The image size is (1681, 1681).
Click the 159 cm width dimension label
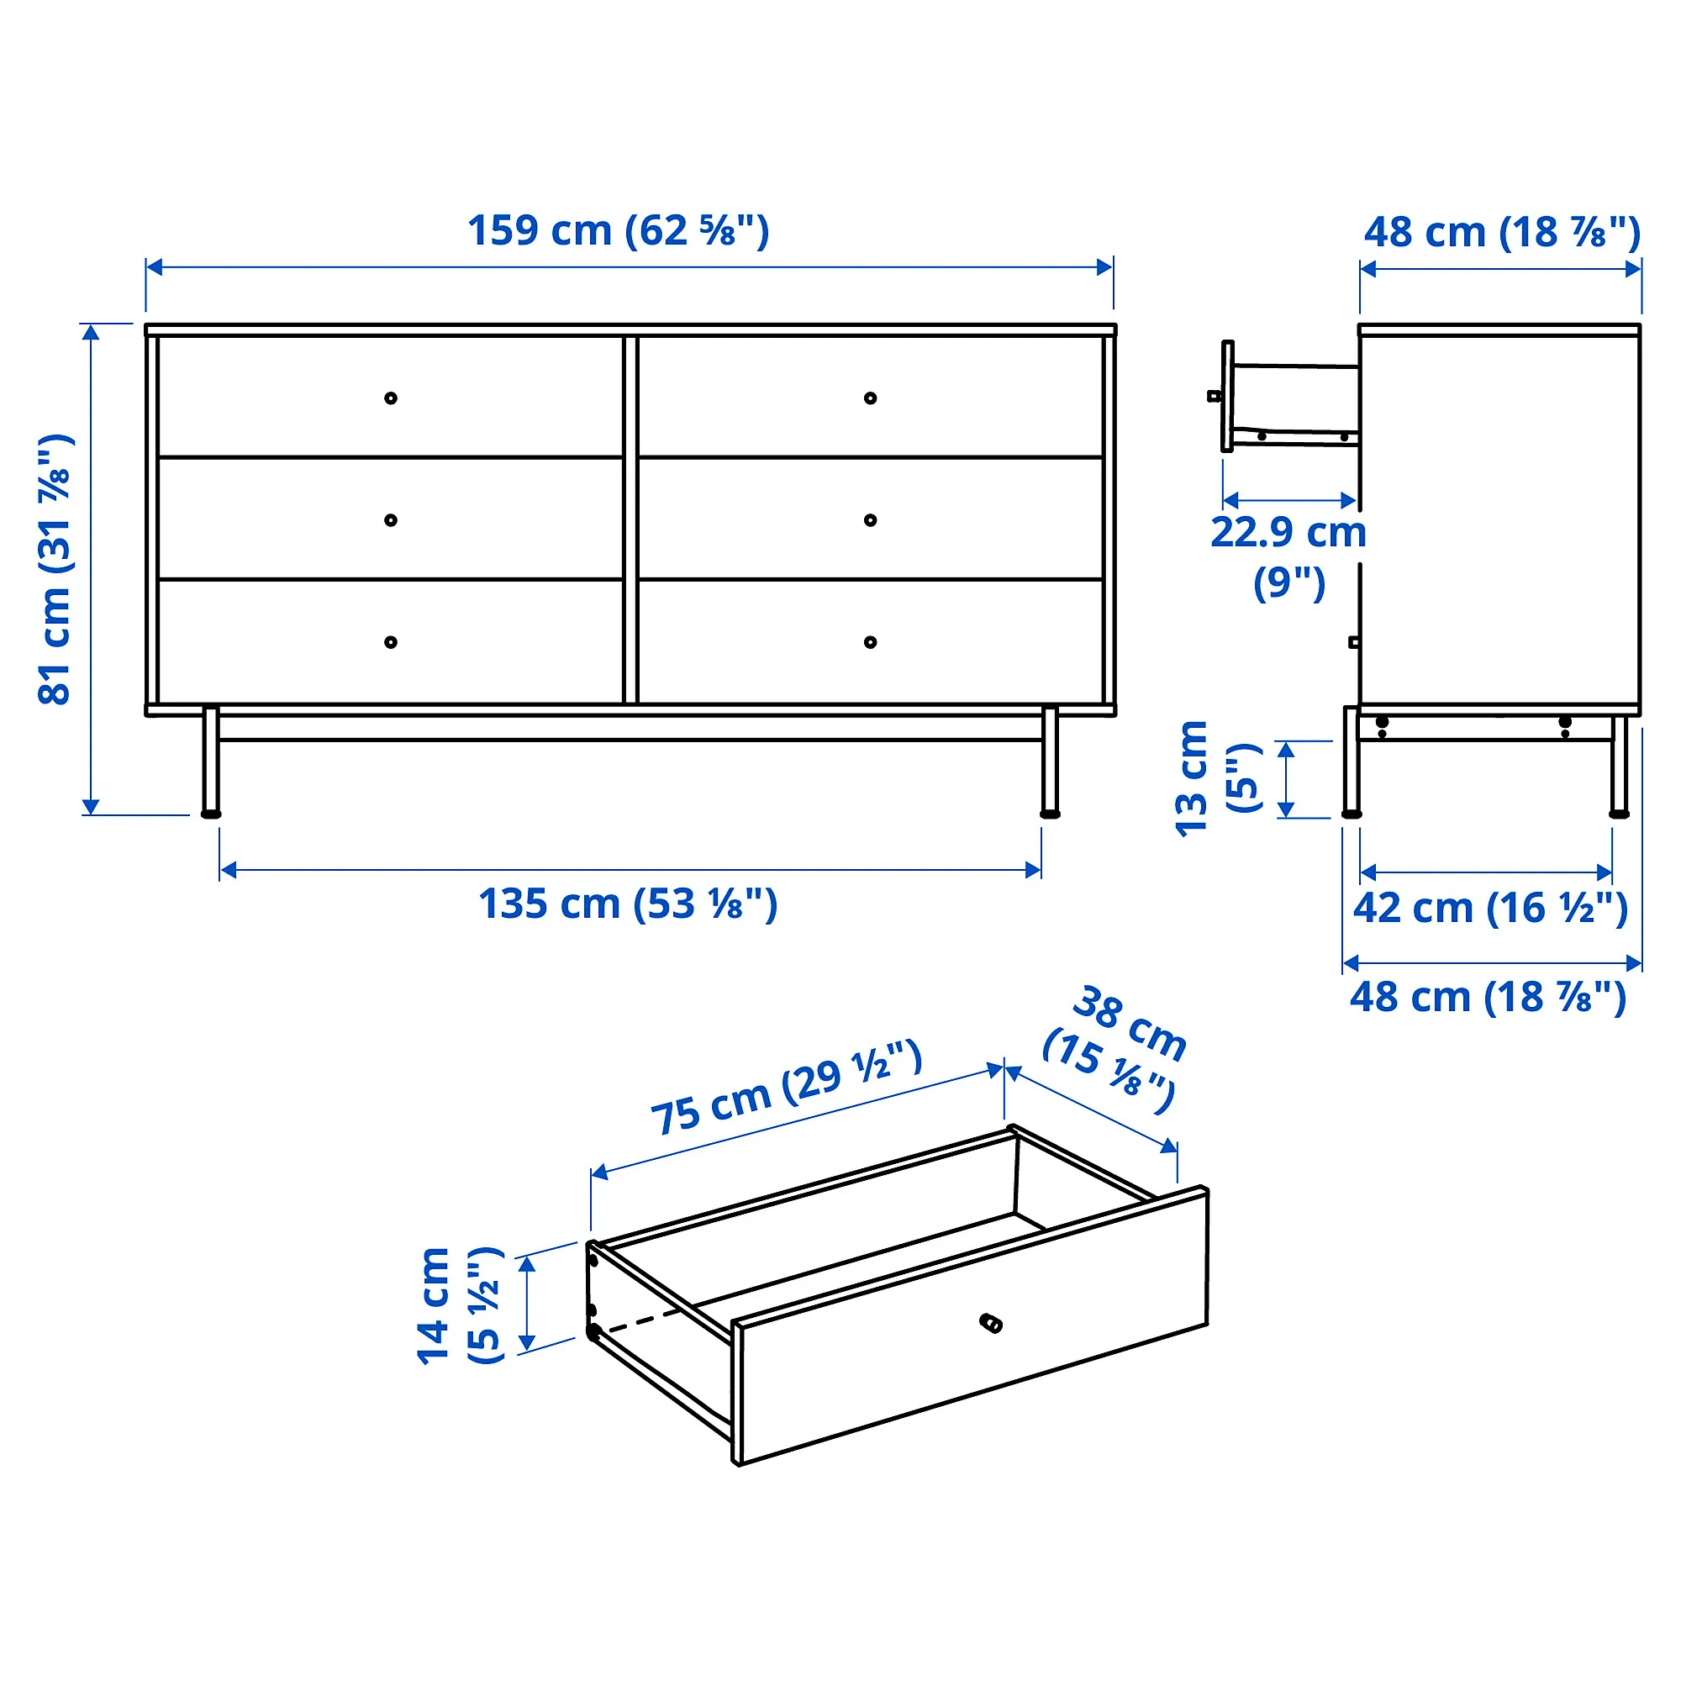[619, 230]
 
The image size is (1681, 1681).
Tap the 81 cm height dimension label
[55, 569]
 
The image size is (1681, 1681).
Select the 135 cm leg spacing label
[627, 904]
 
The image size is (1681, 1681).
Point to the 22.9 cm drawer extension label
[1288, 557]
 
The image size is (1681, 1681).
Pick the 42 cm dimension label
[1489, 909]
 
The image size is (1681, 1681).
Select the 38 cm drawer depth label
[1116, 1047]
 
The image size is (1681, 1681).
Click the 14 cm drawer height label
[459, 1306]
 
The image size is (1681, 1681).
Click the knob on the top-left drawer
[391, 398]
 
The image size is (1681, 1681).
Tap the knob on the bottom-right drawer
[870, 643]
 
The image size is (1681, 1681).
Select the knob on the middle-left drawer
[391, 520]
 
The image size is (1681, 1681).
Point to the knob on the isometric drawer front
[991, 1325]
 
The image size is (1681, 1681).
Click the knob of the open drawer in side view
[1215, 396]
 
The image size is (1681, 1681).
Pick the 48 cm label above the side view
[1502, 232]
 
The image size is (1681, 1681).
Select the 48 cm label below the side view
[1488, 997]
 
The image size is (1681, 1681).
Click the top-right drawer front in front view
[870, 397]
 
